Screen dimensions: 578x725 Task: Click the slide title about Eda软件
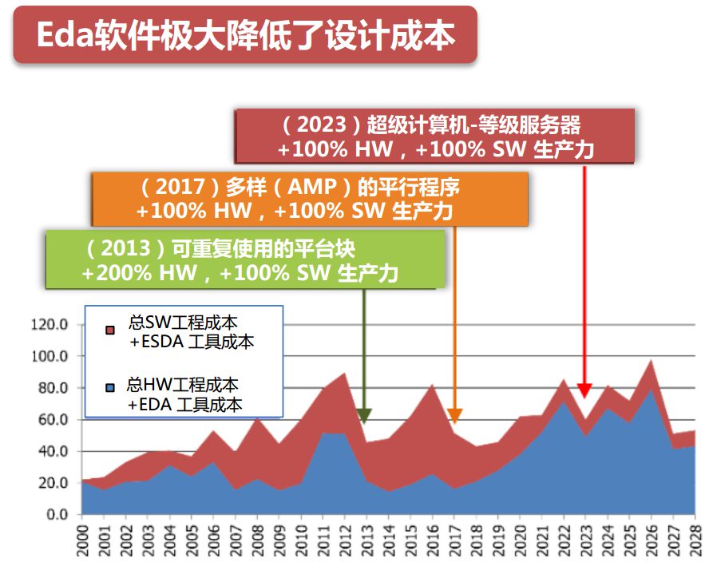pyautogui.click(x=245, y=36)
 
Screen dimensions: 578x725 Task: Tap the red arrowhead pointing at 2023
pyautogui.click(x=584, y=390)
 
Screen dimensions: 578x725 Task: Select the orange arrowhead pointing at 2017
pyautogui.click(x=454, y=416)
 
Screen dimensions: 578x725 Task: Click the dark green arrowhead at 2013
pyautogui.click(x=364, y=416)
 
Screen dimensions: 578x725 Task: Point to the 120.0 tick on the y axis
pyautogui.click(x=49, y=324)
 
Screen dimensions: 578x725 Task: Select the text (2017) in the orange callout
pyautogui.click(x=176, y=188)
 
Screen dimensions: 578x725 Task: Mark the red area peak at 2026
pyautogui.click(x=651, y=363)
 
